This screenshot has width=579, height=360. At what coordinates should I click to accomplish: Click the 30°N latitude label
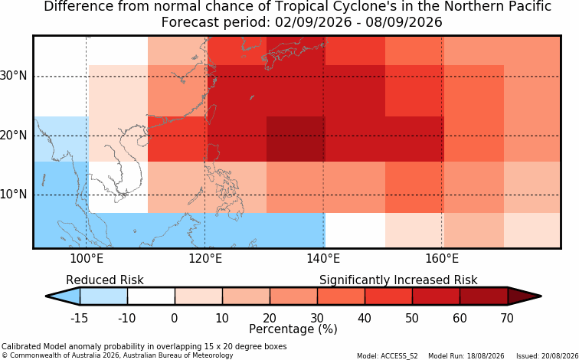(x=14, y=76)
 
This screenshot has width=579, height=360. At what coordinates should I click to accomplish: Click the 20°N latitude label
(x=14, y=135)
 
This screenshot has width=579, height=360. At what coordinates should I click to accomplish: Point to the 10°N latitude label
(x=14, y=195)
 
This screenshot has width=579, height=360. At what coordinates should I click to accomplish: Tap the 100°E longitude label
(x=87, y=259)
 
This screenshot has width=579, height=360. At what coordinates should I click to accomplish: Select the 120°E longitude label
(x=205, y=259)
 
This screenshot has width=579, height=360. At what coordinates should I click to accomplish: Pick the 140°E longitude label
(x=323, y=259)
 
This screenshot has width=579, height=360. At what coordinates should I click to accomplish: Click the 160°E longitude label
(x=442, y=259)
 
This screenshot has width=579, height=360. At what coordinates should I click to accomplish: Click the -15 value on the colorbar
(x=80, y=318)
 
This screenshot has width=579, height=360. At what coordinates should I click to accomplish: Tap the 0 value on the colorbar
(x=175, y=318)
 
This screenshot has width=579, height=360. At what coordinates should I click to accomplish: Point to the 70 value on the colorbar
(x=507, y=318)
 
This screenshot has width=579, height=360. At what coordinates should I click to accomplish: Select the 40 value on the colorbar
(x=365, y=318)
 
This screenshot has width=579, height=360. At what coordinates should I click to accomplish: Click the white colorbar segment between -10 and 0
(x=151, y=296)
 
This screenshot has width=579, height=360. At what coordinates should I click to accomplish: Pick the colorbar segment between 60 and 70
(x=484, y=296)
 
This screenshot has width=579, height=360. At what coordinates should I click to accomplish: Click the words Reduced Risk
(x=105, y=280)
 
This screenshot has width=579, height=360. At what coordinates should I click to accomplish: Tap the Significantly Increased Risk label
(x=398, y=280)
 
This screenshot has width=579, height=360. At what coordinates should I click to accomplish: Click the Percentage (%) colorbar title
(x=293, y=329)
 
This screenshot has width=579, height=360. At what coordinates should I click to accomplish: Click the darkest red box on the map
(x=296, y=139)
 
